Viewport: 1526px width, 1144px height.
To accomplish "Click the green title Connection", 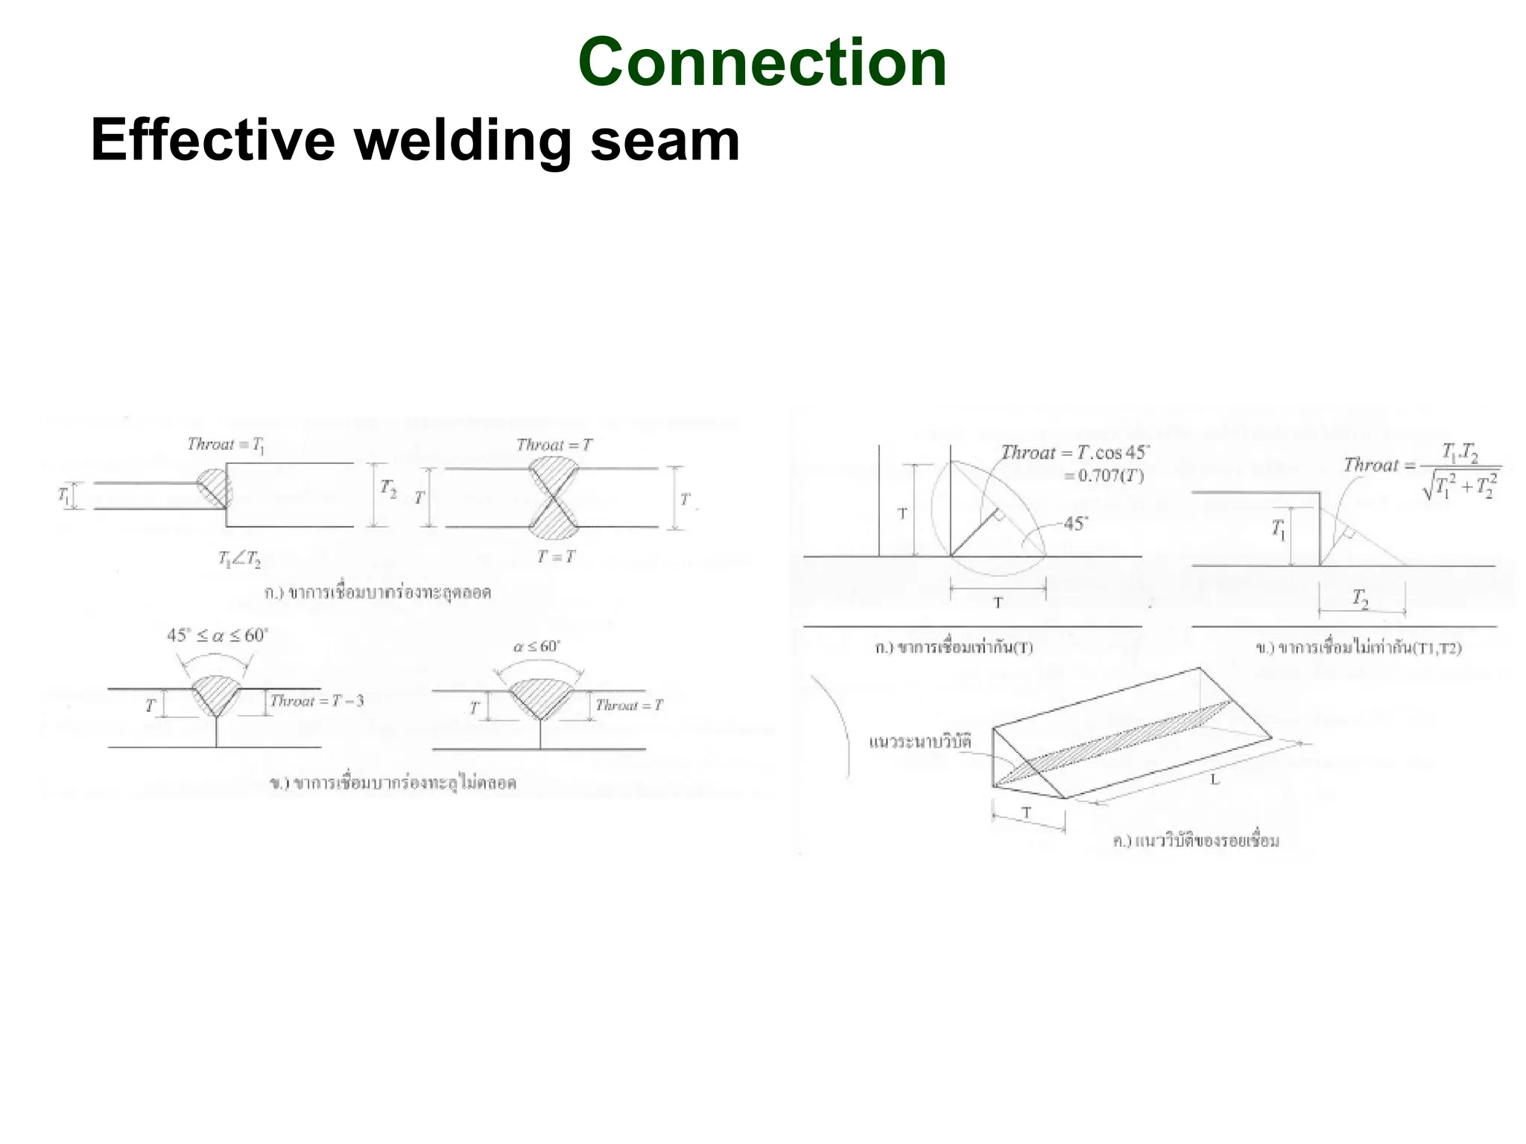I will [x=762, y=63].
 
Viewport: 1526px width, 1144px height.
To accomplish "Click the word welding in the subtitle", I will [x=462, y=141].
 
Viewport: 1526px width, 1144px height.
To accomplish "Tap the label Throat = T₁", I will [x=226, y=445].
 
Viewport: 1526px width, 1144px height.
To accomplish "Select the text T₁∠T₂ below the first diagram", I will [x=239, y=559].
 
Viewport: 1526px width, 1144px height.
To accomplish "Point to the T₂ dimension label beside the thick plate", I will [x=389, y=489].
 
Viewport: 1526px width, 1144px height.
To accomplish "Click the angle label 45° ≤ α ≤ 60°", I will [x=217, y=635].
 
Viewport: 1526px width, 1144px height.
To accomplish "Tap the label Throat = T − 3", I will [x=317, y=701].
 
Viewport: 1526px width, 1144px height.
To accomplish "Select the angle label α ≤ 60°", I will [x=536, y=646].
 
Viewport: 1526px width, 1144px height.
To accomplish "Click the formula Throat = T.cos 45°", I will [x=1074, y=453].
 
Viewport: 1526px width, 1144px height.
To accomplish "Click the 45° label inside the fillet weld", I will [x=1075, y=524].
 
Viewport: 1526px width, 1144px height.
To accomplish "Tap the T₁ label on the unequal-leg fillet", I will [x=1279, y=530].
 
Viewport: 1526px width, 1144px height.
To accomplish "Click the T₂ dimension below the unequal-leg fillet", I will [x=1361, y=598].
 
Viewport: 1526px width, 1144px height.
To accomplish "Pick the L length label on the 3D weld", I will [x=1215, y=780].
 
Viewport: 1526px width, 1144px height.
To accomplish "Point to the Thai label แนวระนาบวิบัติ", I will [x=920, y=742].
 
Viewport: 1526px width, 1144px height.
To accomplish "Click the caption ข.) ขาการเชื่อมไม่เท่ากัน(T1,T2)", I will [x=1358, y=648].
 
